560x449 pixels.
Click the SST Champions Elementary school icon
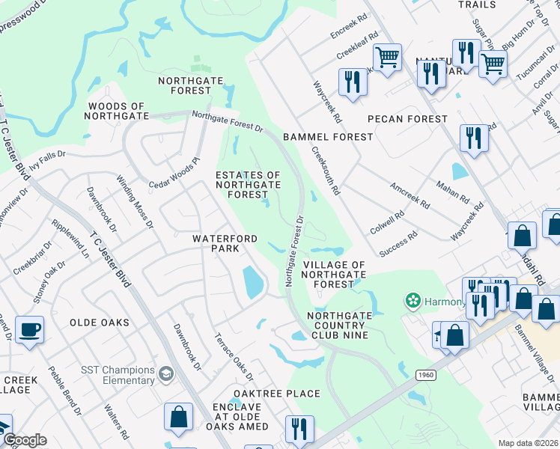point(166,372)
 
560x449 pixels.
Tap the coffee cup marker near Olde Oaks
point(29,330)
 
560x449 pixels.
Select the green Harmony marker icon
point(411,302)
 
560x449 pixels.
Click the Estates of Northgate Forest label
point(248,185)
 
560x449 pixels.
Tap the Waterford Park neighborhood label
point(225,243)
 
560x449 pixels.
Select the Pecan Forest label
point(407,119)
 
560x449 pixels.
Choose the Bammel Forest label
point(327,137)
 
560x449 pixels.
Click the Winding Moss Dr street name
point(134,201)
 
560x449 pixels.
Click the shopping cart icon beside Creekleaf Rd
point(387,56)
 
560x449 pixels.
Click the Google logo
point(25,440)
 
